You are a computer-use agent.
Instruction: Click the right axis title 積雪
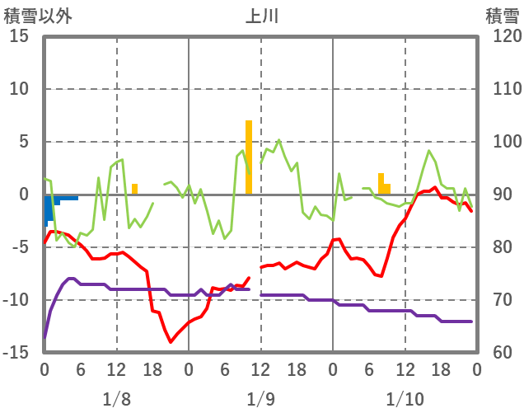click(x=501, y=16)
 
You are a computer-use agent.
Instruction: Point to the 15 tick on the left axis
click(x=19, y=37)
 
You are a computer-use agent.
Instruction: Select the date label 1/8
click(x=116, y=399)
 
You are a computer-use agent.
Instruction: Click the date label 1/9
click(x=260, y=399)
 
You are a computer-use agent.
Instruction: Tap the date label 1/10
click(x=405, y=399)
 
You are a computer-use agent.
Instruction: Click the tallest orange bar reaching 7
click(x=248, y=157)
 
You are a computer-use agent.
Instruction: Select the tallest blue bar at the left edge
click(x=47, y=209)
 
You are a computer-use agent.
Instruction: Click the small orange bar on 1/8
click(x=134, y=190)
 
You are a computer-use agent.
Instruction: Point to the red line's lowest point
click(x=171, y=341)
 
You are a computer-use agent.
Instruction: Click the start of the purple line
click(x=44, y=336)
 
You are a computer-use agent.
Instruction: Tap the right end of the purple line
click(x=471, y=321)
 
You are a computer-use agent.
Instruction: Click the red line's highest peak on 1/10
click(x=435, y=188)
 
